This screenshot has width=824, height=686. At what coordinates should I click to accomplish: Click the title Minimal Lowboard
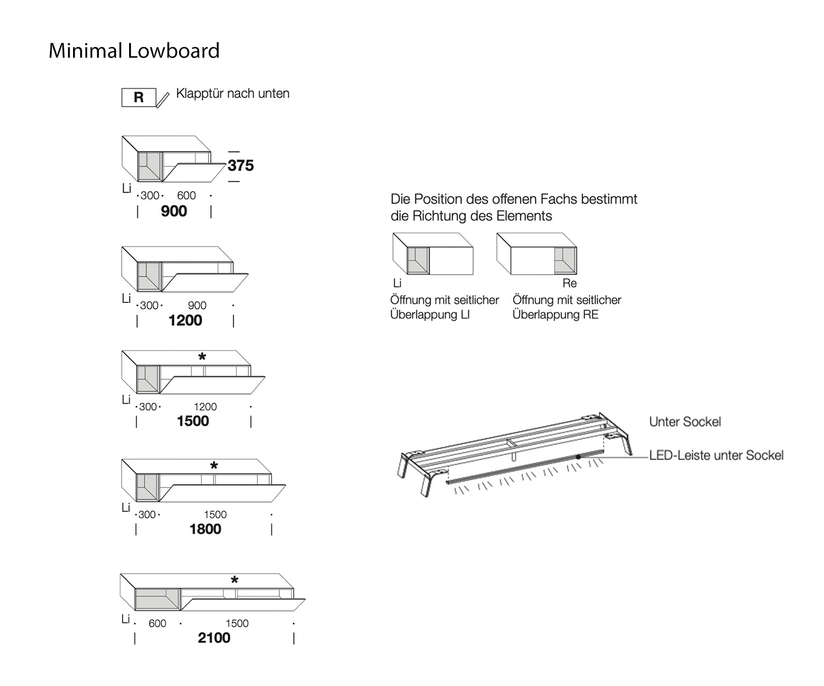[134, 50]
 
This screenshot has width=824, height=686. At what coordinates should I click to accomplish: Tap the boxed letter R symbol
[138, 97]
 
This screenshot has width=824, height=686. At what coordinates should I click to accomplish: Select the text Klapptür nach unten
[232, 93]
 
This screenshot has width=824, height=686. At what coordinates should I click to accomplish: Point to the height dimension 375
[241, 165]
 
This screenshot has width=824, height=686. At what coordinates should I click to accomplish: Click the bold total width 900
[174, 211]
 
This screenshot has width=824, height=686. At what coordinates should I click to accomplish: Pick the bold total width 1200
[185, 320]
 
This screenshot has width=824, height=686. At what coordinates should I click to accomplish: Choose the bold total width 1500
[193, 421]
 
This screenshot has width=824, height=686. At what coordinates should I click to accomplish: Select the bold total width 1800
[205, 529]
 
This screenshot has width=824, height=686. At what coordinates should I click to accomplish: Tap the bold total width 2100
[214, 638]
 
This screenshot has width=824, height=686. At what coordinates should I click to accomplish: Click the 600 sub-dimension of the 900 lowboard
[186, 195]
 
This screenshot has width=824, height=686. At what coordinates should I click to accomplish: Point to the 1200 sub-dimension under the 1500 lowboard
[205, 407]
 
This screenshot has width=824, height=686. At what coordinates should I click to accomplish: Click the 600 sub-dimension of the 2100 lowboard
[157, 623]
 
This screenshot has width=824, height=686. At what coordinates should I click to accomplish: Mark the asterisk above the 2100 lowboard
[235, 581]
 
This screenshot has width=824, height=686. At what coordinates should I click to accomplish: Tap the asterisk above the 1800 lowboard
[214, 466]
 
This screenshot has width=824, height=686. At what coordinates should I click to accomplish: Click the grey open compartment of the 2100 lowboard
[157, 599]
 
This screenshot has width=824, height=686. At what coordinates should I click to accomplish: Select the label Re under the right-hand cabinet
[570, 283]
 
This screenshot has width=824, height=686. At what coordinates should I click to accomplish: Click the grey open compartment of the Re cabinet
[565, 261]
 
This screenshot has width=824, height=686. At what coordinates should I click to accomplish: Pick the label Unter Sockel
[685, 421]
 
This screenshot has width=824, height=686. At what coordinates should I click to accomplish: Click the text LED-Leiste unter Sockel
[716, 455]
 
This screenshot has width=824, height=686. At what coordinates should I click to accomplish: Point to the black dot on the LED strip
[578, 457]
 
